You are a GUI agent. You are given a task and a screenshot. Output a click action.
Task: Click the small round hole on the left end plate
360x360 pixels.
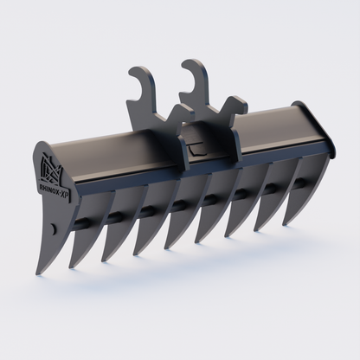(53, 228)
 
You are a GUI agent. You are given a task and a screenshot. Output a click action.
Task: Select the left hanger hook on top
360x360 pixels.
(142, 91)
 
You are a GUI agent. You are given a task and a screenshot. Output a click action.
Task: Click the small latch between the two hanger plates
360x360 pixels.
(196, 145)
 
